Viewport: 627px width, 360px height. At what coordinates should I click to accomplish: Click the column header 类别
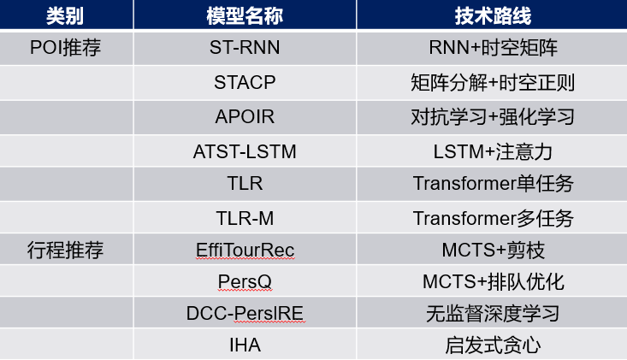tap(65, 16)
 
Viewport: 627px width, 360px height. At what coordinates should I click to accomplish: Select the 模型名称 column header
tap(245, 16)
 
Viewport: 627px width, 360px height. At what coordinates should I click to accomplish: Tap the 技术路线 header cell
tap(493, 16)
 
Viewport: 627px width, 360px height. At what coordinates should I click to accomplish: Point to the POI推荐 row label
tap(65, 48)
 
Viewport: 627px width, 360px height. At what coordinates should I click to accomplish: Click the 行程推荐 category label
tap(65, 251)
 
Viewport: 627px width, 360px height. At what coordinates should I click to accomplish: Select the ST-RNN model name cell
tap(245, 48)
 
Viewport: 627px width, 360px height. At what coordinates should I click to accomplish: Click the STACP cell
tap(245, 83)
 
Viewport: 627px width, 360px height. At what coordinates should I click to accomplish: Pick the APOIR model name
tap(245, 117)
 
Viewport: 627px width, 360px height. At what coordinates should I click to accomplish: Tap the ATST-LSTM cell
tap(245, 152)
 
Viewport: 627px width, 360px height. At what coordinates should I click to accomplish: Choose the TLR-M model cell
tap(245, 219)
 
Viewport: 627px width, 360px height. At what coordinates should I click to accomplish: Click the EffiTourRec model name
tap(245, 251)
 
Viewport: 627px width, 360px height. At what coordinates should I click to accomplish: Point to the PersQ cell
tap(245, 281)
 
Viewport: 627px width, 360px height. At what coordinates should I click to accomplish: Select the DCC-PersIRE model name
tap(245, 313)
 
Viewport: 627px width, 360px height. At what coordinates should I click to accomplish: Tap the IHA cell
tap(245, 345)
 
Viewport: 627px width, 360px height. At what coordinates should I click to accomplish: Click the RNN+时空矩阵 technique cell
tap(493, 48)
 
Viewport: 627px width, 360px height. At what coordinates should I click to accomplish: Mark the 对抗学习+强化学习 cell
tap(493, 117)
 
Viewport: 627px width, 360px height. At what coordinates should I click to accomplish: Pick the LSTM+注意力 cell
tap(493, 152)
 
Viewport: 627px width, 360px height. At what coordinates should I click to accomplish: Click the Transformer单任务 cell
tap(493, 184)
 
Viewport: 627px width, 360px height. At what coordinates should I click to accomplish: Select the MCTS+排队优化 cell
tap(493, 281)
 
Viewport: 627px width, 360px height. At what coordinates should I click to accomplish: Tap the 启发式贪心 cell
tap(493, 345)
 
